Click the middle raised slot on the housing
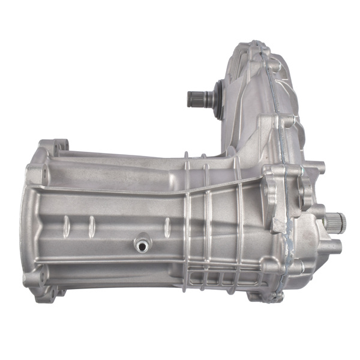pos(91,226)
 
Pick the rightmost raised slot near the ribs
pos(167,227)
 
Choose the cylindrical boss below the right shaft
pos(333,245)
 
